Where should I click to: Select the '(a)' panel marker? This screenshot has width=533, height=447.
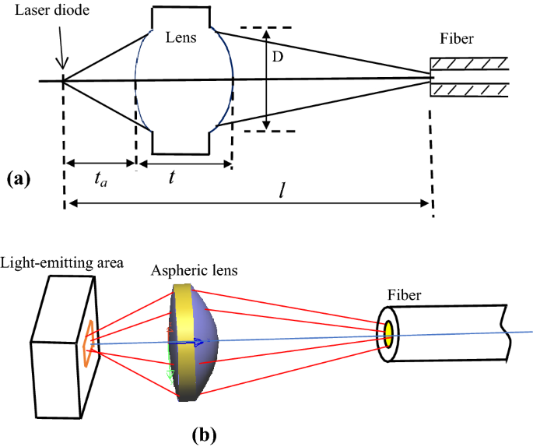[x=18, y=178]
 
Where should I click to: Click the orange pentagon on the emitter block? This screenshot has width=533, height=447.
[x=89, y=344]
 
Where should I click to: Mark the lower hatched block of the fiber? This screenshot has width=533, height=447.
[x=470, y=90]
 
